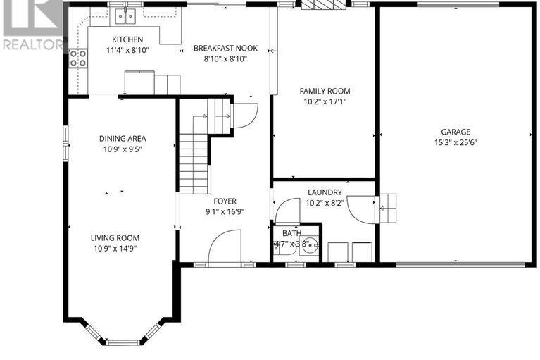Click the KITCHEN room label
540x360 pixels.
[x=127, y=39]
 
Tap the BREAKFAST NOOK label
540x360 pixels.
[x=225, y=49]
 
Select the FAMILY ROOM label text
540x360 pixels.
[x=325, y=91]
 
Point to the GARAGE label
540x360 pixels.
[x=456, y=132]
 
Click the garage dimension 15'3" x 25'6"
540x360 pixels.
[x=456, y=142]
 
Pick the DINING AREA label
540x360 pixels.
[x=123, y=139]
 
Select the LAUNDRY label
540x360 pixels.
[x=324, y=192]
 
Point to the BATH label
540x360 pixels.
[x=291, y=233]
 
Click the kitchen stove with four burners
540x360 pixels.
[x=77, y=58]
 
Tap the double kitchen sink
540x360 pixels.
[x=126, y=15]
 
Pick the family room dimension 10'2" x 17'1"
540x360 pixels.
[x=325, y=101]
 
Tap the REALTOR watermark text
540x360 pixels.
[x=32, y=44]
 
